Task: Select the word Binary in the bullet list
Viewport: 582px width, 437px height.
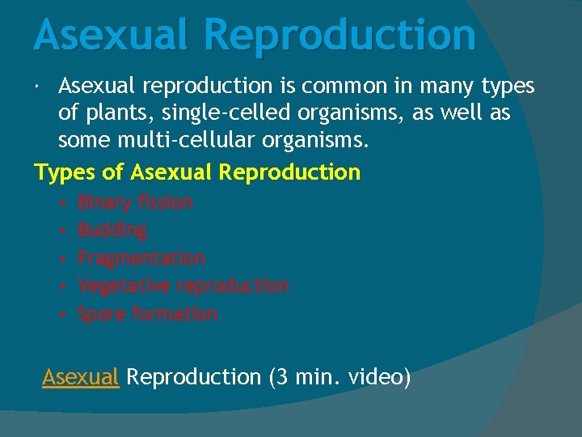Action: click(x=105, y=202)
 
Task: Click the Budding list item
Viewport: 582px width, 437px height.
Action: click(x=112, y=231)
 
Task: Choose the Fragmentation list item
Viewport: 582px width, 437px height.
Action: click(x=141, y=258)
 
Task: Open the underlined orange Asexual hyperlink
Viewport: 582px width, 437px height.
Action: click(x=81, y=377)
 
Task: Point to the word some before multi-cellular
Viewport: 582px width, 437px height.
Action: click(x=82, y=141)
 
